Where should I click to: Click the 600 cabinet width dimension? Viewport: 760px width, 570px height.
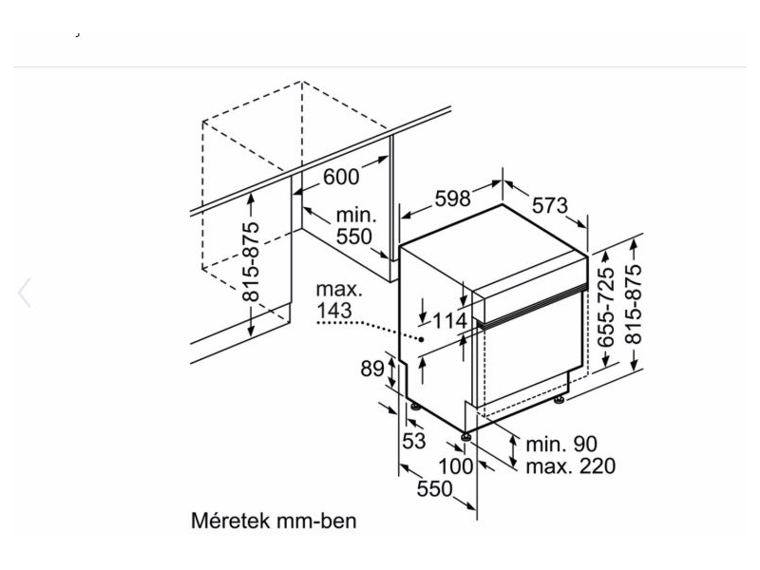click(341, 178)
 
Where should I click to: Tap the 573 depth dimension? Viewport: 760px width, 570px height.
click(549, 205)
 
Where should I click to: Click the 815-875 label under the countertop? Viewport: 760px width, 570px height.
click(250, 262)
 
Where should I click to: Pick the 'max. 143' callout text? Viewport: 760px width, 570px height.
click(338, 298)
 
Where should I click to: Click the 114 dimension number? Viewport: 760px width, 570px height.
click(449, 321)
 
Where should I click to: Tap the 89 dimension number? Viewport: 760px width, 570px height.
click(372, 369)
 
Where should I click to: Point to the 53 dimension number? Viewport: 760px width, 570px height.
click(414, 441)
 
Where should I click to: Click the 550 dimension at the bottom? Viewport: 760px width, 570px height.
click(433, 489)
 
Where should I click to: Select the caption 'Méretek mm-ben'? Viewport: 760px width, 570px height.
click(275, 522)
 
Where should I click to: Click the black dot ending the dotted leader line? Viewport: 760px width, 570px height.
click(420, 339)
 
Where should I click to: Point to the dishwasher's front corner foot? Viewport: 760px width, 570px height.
click(466, 436)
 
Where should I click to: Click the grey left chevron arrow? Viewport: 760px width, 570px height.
click(25, 294)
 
